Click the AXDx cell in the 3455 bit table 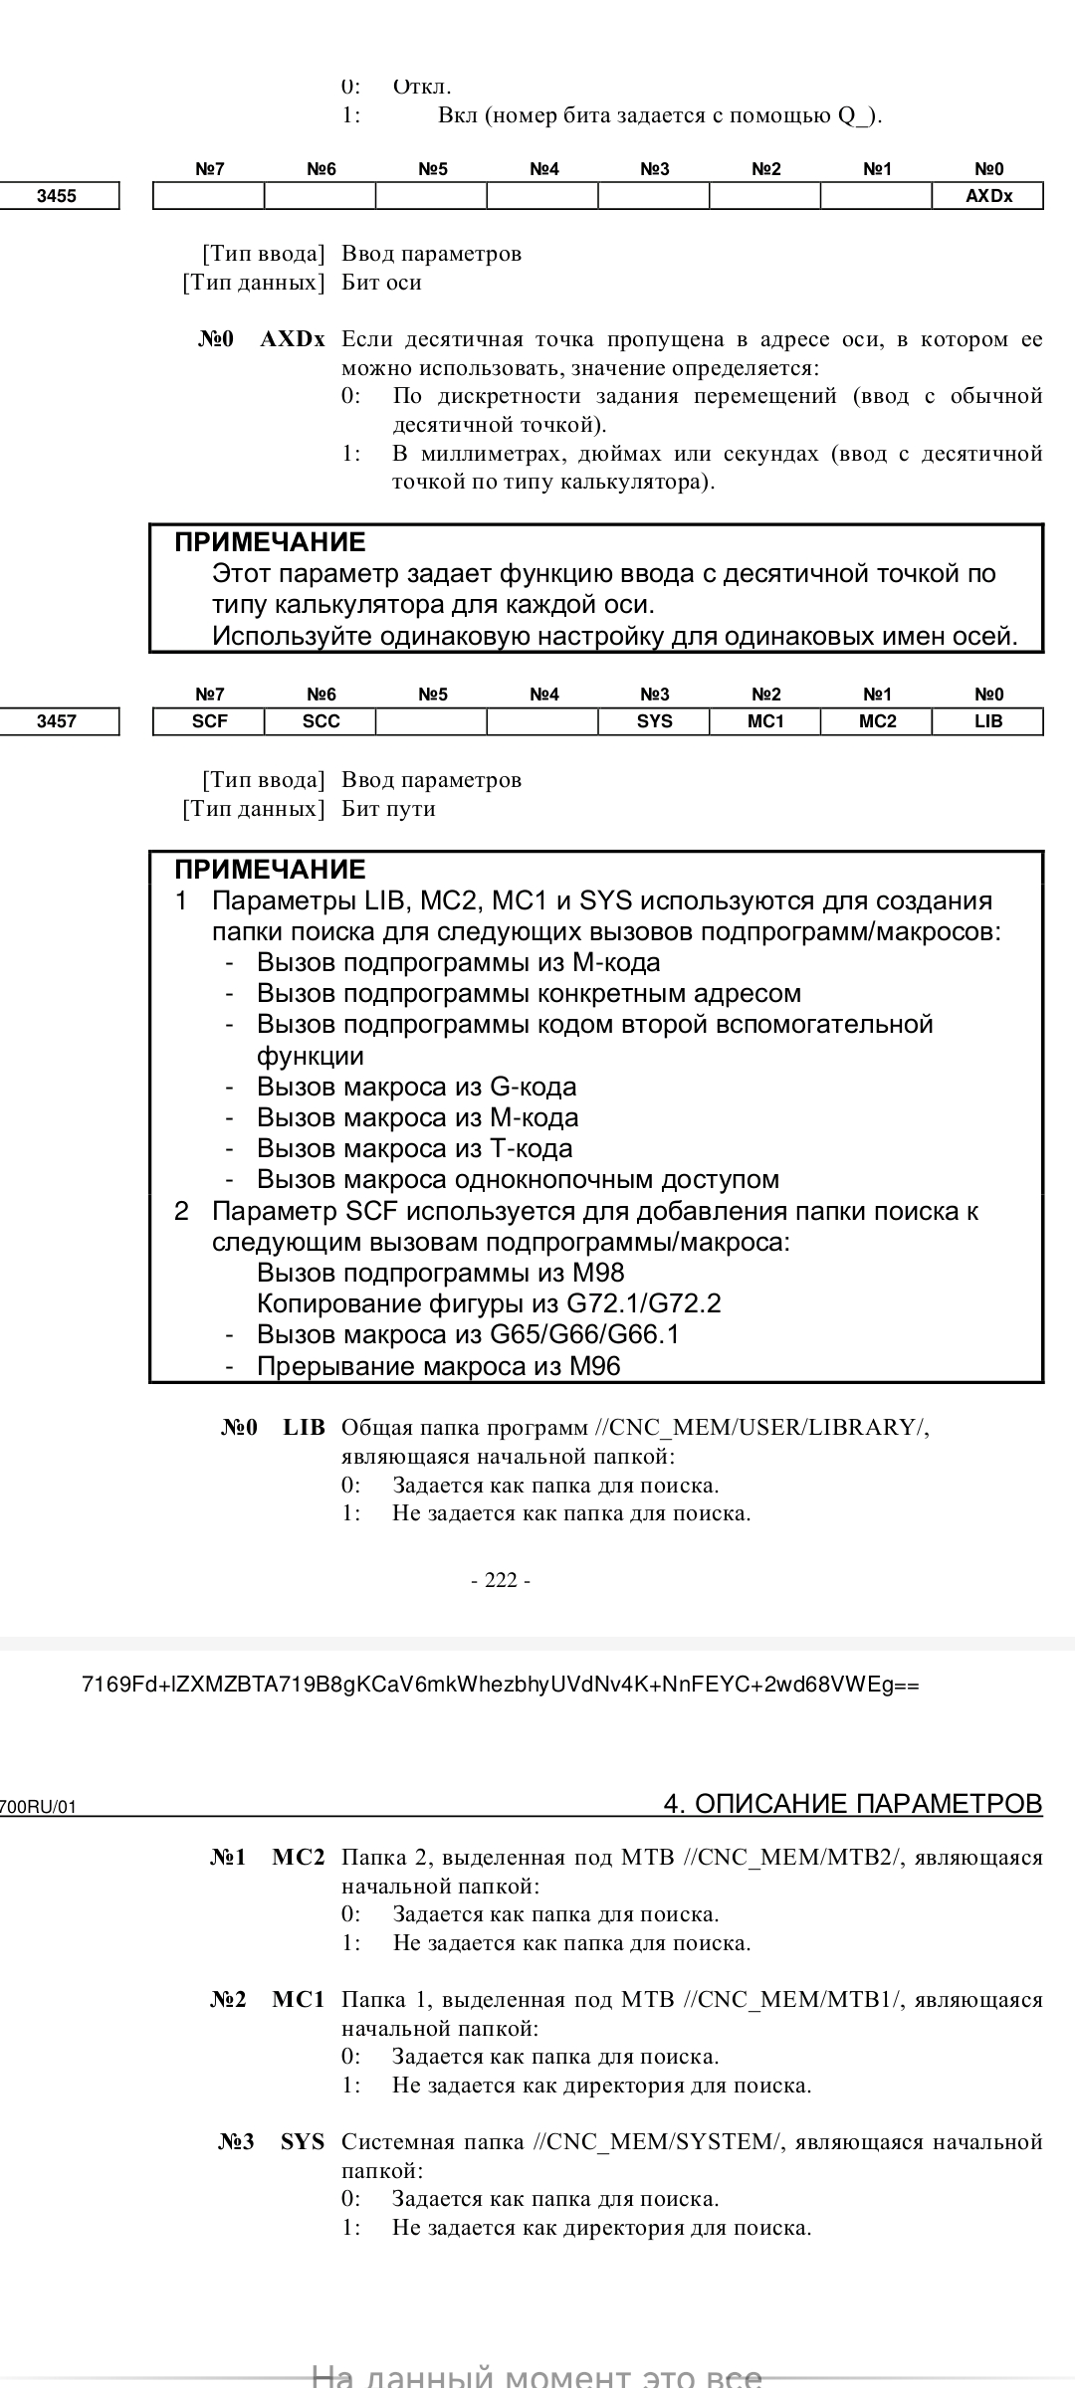987,196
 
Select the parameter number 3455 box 58,196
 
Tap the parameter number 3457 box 58,721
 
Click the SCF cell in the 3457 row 209,721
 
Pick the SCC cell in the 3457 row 321,721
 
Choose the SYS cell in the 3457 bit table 654,721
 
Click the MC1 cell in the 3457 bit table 765,721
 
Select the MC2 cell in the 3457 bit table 877,721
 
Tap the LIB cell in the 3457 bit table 987,721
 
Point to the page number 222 501,1580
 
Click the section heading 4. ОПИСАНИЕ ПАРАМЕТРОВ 853,1804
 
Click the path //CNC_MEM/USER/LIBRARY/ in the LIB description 761,1428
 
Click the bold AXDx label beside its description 293,339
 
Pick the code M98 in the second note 598,1273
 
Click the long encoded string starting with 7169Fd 501,1685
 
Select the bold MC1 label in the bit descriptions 299,2000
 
